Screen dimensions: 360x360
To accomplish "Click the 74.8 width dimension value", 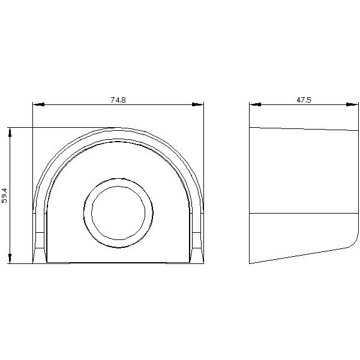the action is (118, 100).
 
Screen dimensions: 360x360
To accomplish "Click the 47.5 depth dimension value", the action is (304, 100).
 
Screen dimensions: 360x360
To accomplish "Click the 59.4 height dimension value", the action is (5, 196).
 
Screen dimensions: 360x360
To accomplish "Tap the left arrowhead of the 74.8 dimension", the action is (38, 104).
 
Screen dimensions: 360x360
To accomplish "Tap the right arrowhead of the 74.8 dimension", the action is (197, 104).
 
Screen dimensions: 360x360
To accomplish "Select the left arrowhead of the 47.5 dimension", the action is (256, 104).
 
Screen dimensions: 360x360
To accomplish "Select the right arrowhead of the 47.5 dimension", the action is (352, 104).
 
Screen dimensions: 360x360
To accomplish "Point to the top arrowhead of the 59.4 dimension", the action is (10, 133).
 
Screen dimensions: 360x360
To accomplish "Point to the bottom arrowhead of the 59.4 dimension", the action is (10, 258).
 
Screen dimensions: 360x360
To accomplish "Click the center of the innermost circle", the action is (118, 213).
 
